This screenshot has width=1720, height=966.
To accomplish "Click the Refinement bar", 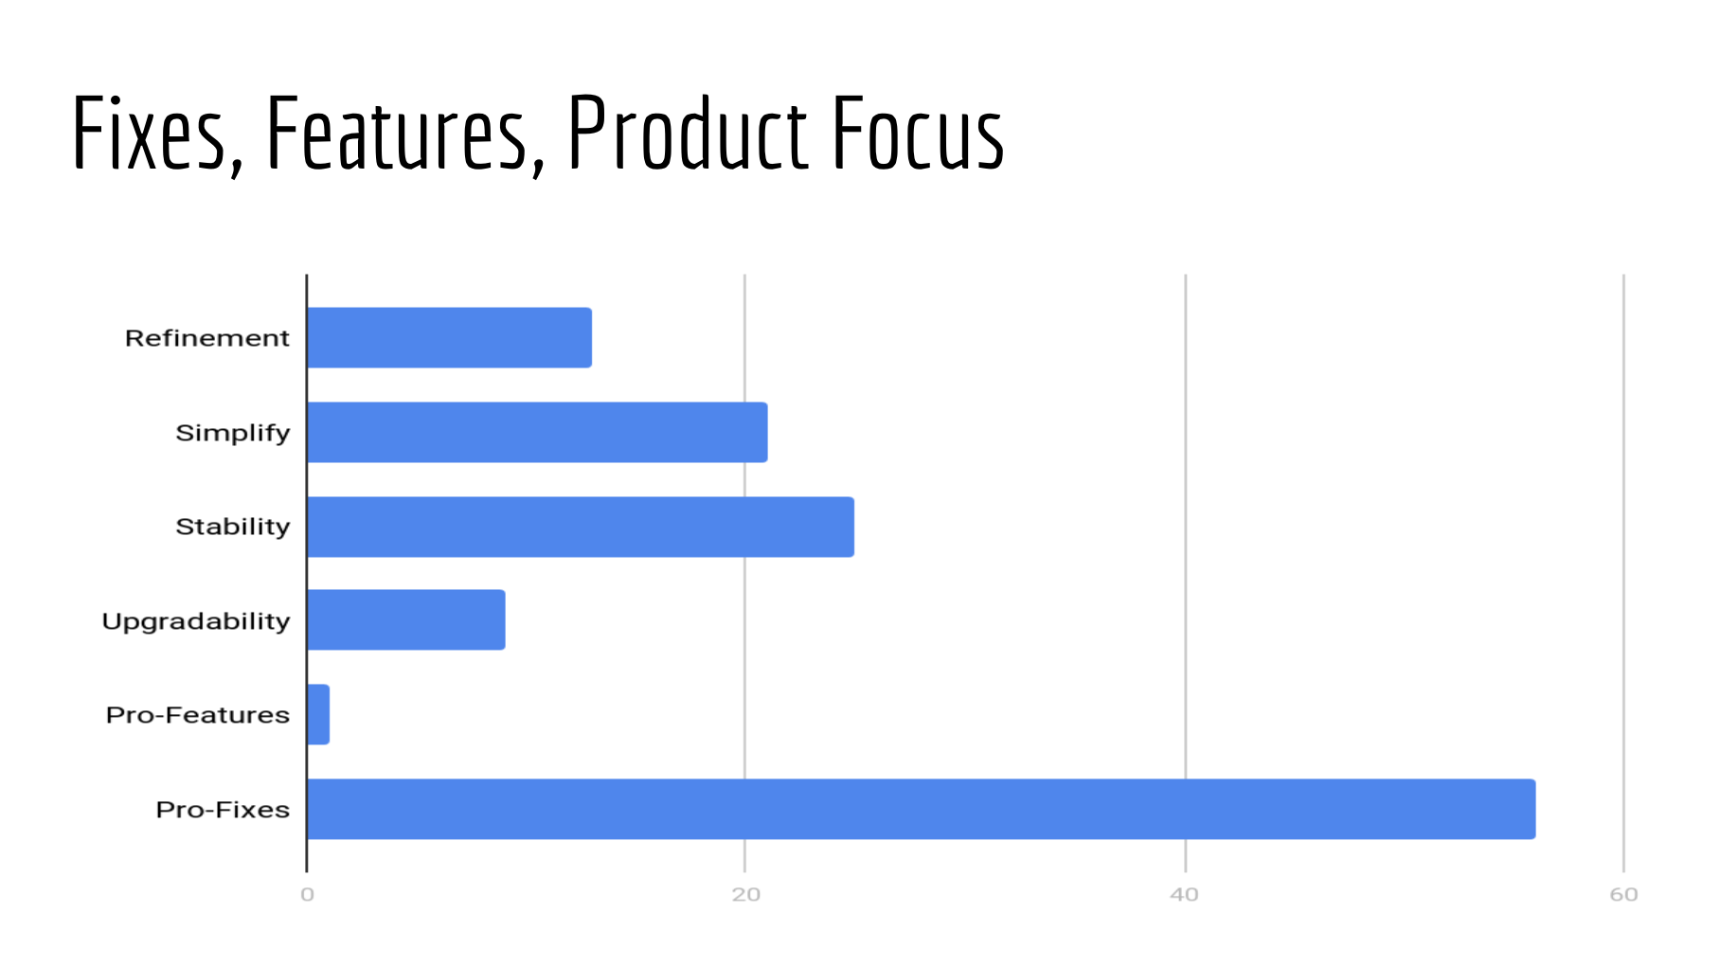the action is coord(450,337).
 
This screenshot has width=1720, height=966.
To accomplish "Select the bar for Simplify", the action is coord(538,432).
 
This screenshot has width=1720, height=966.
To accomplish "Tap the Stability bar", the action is coord(581,527).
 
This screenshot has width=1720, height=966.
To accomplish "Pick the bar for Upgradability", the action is coord(406,619).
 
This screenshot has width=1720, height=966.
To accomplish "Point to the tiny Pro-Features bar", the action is coord(318,714).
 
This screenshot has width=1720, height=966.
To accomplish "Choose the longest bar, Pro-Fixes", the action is coord(922,809).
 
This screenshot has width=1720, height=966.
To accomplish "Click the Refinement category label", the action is coord(207,338).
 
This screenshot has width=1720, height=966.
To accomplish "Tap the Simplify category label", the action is coord(233,433).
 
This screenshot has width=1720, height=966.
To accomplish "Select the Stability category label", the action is coord(233,527).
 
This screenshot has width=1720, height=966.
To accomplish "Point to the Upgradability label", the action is coord(196,621).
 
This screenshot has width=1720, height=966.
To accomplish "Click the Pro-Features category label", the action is coord(198,715).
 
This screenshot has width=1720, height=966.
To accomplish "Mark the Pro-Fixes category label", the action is coord(223,810).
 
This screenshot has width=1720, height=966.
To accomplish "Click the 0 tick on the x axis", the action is coord(307,894).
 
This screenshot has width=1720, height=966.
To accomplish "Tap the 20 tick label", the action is coord(746,894).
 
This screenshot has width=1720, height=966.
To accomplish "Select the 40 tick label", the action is coord(1185,894).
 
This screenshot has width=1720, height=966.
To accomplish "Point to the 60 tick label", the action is coord(1623,894).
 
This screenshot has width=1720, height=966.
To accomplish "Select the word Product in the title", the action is coord(689,132).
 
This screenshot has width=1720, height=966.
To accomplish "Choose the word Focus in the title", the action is coord(919,132).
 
